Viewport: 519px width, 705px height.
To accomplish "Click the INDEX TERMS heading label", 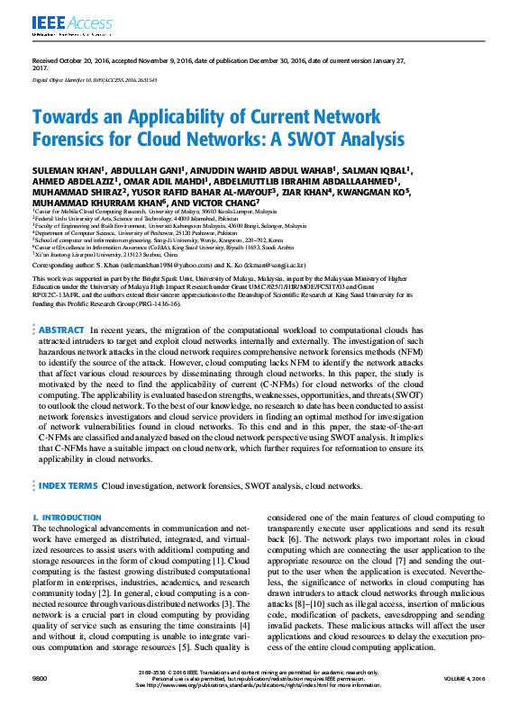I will [x=68, y=485].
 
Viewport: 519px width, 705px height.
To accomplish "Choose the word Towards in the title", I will [x=66, y=117].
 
